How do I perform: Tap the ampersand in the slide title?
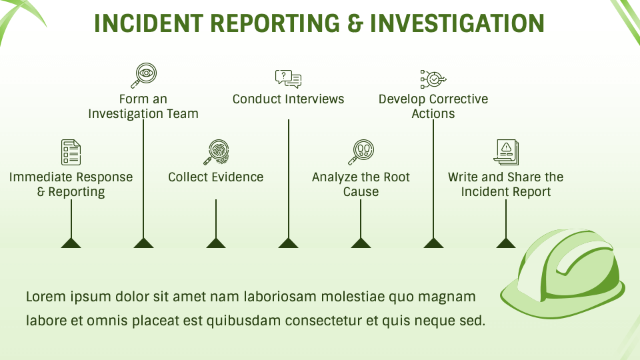pos(354,23)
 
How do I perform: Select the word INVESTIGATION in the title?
pos(457,23)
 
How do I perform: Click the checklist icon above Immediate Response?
pos(71,152)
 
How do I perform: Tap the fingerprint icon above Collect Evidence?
pos(215,152)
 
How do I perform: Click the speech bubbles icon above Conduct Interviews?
pos(288,79)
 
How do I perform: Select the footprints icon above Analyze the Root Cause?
pos(361,152)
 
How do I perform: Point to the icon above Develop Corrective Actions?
pos(433,79)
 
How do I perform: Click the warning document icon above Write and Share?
pos(506,152)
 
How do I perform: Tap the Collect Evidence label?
pos(215,177)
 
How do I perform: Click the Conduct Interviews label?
pos(288,99)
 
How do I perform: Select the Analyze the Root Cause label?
pos(361,185)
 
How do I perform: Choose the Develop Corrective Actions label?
pos(433,107)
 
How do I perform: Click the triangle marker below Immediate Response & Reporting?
pos(71,243)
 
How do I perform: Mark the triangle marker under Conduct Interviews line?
pos(288,243)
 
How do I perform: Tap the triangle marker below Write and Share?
pos(506,243)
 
